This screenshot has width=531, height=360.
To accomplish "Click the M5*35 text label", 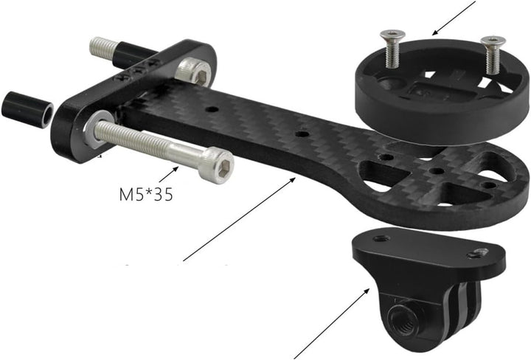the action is (146, 195).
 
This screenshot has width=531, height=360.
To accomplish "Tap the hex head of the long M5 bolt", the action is (217, 165).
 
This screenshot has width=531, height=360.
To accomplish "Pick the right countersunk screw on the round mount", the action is (493, 54).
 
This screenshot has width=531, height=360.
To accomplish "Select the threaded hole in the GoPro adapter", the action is (402, 322).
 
